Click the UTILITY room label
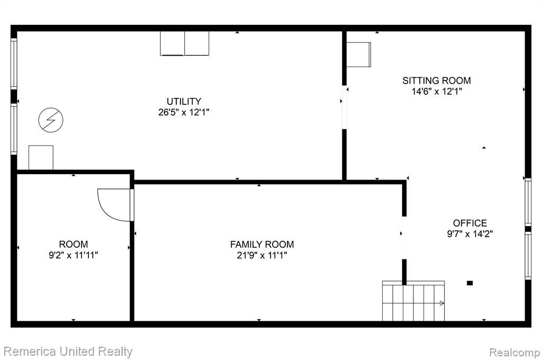coord(184,101)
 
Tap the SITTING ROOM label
coord(437,80)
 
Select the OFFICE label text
coord(470,223)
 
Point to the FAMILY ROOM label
coord(262,245)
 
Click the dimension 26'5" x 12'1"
coord(184,112)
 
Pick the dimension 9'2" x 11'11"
coord(73,255)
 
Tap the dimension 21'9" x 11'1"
coord(262,255)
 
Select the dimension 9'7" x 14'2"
coord(470,234)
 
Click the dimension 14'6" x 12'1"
coord(437,91)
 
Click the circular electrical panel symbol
coord(51,120)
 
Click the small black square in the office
coord(470,283)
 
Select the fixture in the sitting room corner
coord(359,55)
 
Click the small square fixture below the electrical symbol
coord(41,157)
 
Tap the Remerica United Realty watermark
coord(68,352)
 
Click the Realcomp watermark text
coord(514,353)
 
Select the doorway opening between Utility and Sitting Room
coord(344,107)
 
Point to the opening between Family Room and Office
coord(404,238)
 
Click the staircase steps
coord(413,301)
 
